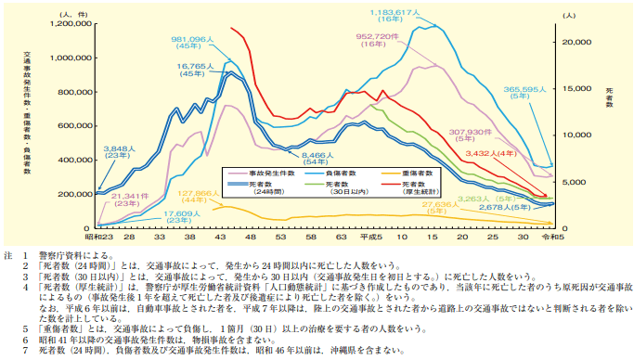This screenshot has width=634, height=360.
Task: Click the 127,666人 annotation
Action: [x=201, y=194]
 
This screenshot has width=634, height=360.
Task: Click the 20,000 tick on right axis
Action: [x=575, y=43]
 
